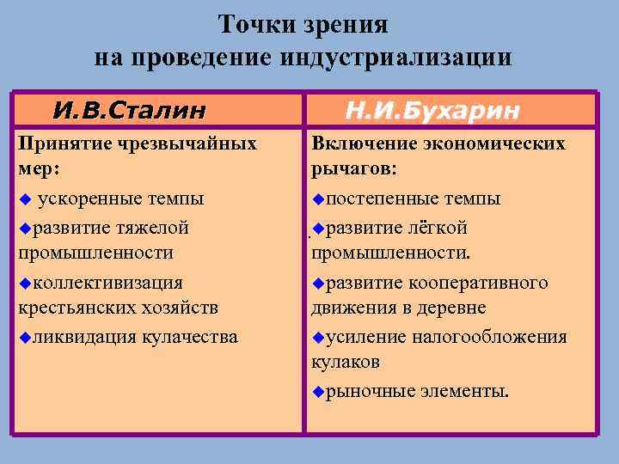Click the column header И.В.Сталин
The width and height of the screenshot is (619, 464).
[129, 111]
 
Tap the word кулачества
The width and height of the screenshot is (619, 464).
[189, 336]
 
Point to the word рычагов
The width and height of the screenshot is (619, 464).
[352, 169]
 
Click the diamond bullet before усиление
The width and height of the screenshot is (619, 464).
[318, 337]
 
